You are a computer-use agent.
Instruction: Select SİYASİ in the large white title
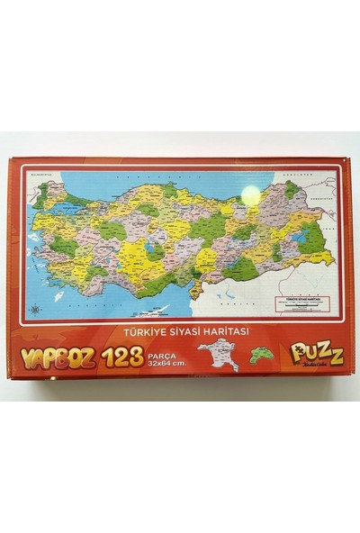coord(190,330)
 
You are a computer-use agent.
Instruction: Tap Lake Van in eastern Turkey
coord(308,236)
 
